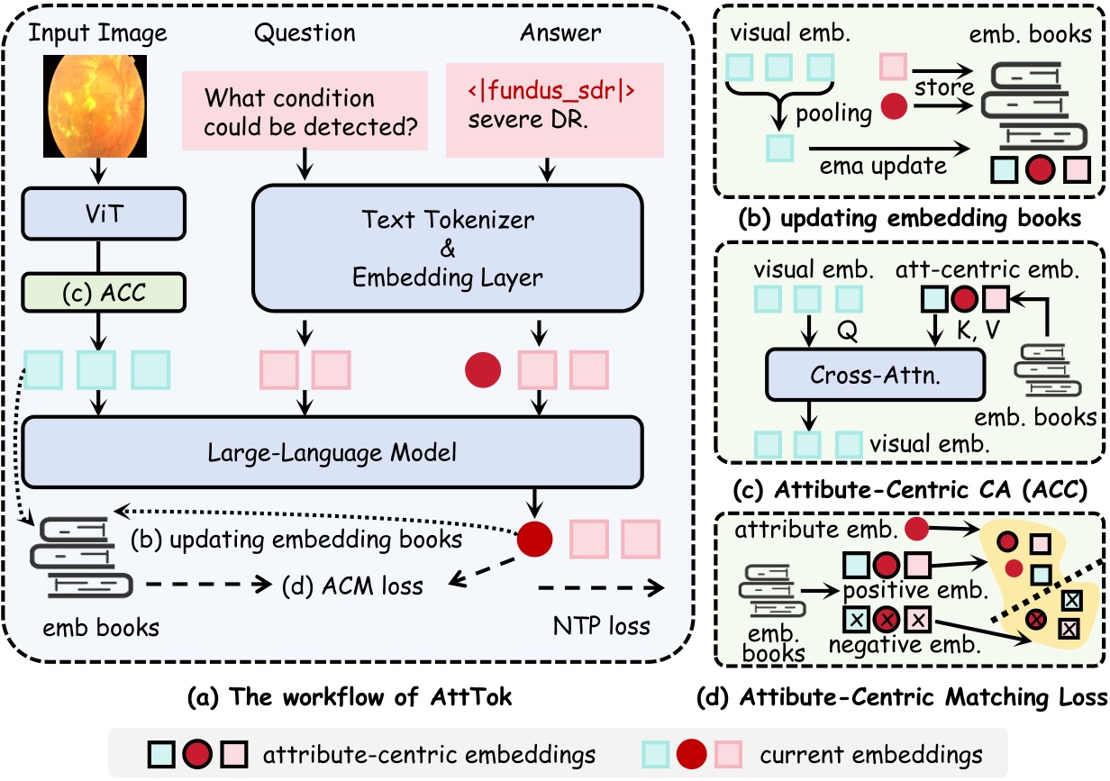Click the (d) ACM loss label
point(354,586)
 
